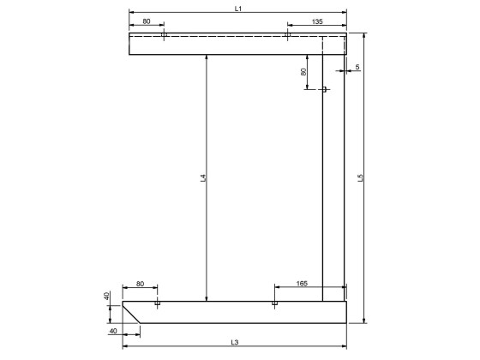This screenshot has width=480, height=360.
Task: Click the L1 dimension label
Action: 239,8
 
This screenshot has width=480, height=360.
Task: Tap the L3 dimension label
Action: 235,342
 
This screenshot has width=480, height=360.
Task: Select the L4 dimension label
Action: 203,178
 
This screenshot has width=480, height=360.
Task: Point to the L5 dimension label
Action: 361,178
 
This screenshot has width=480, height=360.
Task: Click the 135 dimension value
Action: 317,21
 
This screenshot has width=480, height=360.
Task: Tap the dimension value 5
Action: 357,66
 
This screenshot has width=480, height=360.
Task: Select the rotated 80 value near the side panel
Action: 303,72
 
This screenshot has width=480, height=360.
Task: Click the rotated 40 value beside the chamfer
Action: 107,297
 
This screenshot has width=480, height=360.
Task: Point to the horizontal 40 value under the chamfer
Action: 113,330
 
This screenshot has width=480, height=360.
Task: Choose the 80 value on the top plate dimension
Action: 147,21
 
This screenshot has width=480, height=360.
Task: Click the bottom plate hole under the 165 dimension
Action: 274,303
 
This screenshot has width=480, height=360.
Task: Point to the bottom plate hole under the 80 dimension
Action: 157,303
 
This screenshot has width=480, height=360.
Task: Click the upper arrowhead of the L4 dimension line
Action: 207,57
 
